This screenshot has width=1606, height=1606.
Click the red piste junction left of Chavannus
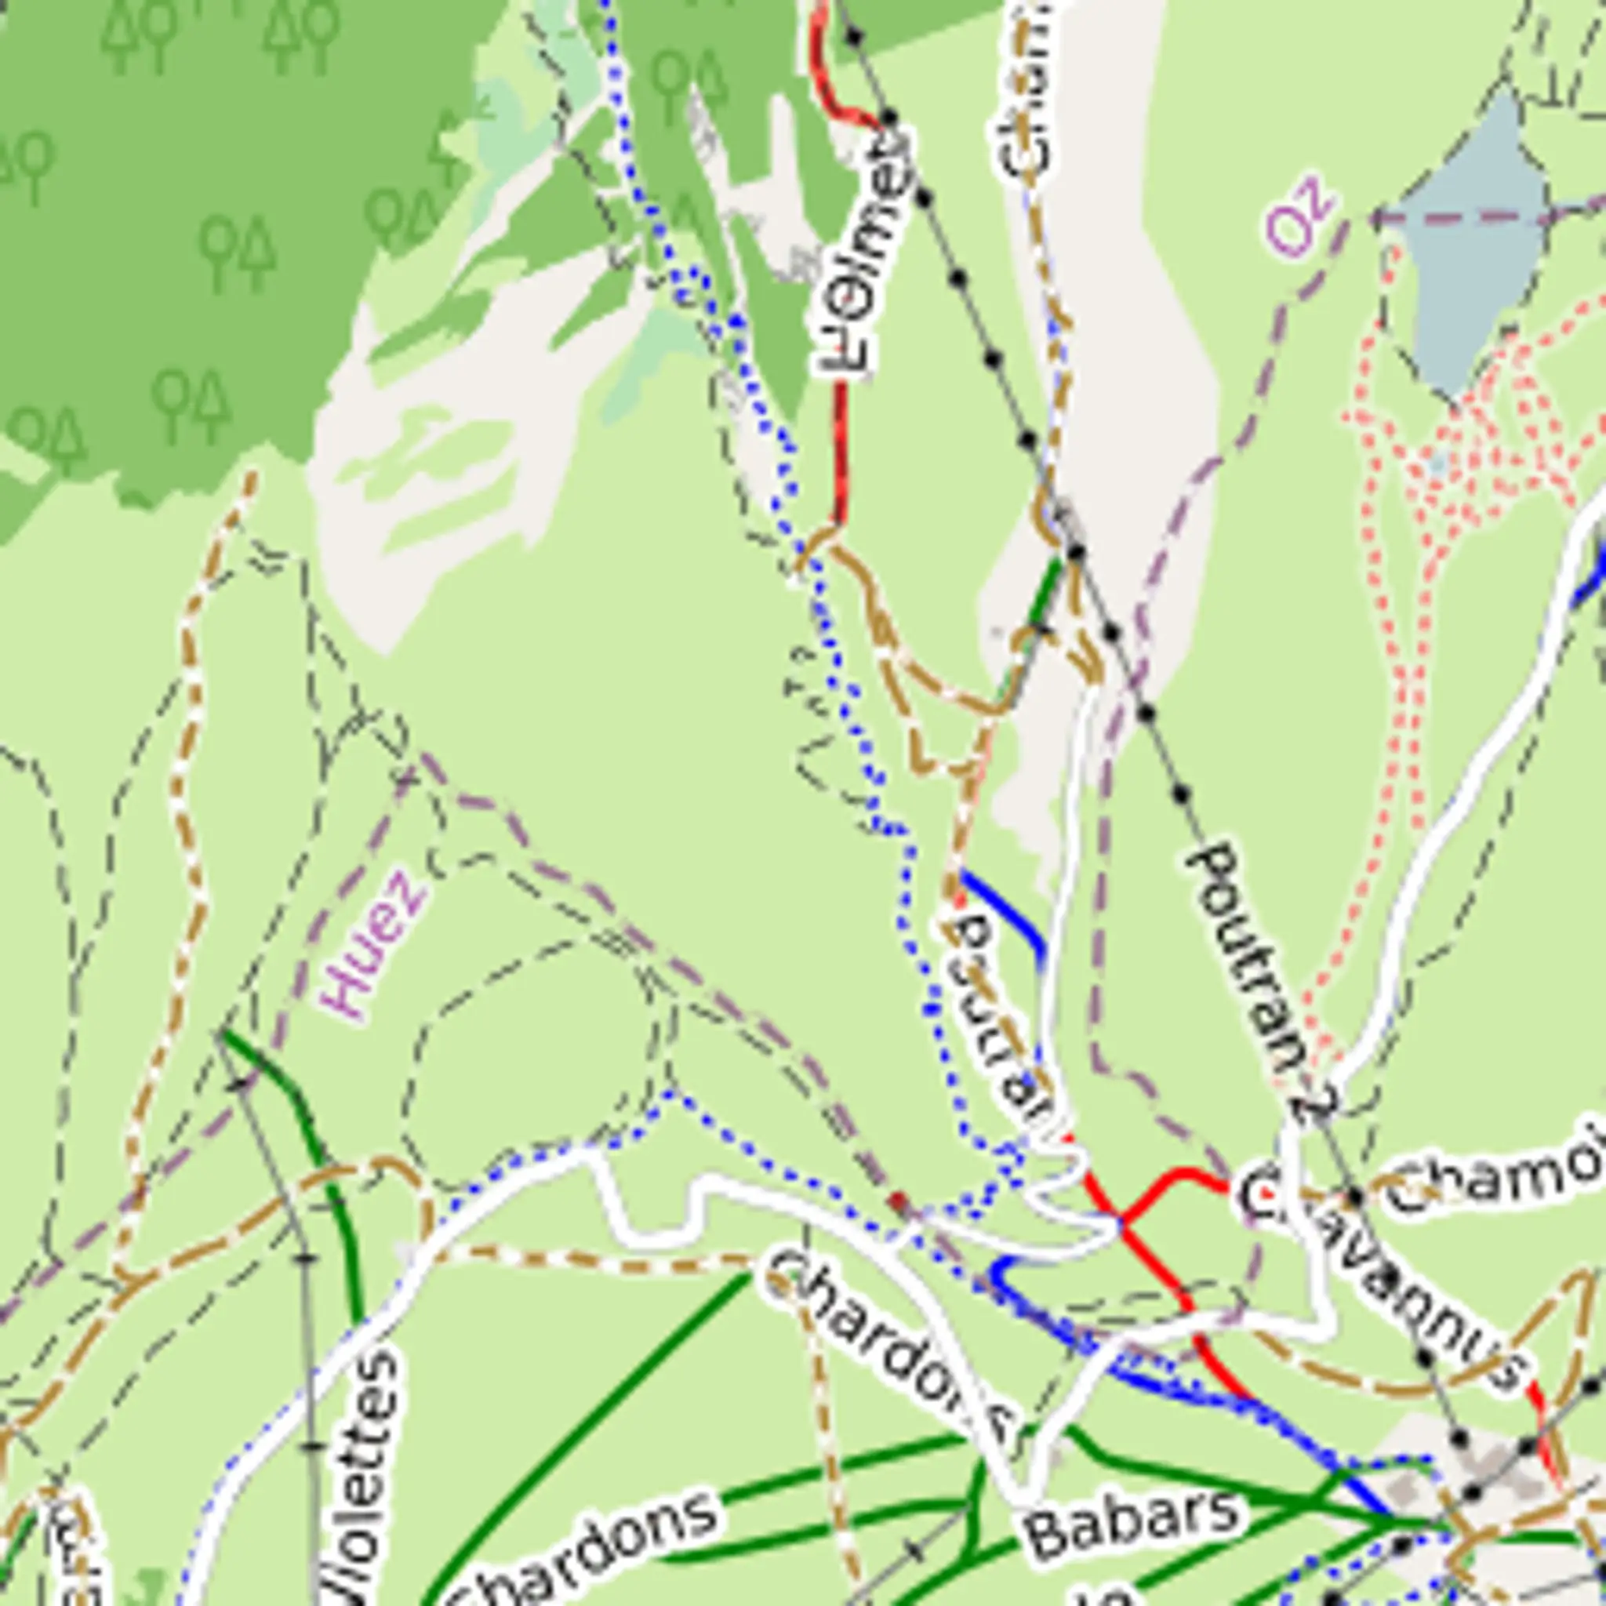[1120, 1220]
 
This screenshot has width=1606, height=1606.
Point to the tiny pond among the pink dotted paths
[1438, 462]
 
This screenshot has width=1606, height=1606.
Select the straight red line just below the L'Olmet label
[841, 449]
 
